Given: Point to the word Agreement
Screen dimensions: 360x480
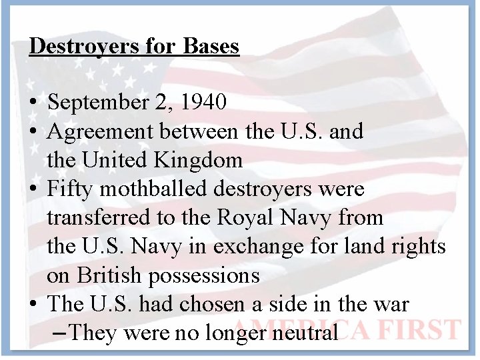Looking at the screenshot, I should coord(100,131).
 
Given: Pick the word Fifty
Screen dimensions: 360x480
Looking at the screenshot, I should coord(65,189).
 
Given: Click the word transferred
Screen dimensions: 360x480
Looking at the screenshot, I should coord(96,217).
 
